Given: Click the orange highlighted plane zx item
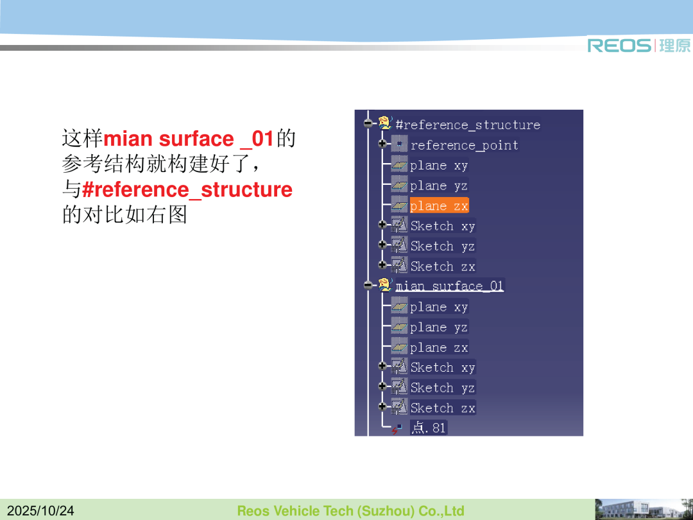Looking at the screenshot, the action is tap(439, 205).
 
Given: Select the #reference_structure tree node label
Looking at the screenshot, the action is tap(468, 125).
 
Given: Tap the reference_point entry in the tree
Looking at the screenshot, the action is tap(464, 145).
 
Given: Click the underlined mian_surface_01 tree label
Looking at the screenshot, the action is tap(449, 286).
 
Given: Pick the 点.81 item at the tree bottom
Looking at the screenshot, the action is tap(428, 428).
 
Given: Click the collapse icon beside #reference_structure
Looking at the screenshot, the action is tap(368, 123).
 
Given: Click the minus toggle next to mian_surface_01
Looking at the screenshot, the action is tap(368, 285).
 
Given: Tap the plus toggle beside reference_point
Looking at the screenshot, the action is tap(382, 144).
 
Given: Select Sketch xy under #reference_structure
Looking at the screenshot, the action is tap(442, 226).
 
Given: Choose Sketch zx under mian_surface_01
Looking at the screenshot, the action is tap(442, 408).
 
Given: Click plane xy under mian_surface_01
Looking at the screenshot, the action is tap(438, 307).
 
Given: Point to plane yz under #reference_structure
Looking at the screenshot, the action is tap(438, 186).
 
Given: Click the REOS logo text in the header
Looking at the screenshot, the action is tap(619, 46).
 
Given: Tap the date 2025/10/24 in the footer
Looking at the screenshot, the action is tap(40, 511).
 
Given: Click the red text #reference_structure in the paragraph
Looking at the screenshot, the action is tap(187, 189).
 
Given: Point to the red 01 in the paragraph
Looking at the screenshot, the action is tap(263, 139).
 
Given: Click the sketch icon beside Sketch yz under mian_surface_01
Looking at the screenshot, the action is tap(399, 387).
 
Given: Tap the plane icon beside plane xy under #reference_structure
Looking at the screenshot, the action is tap(399, 165).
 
